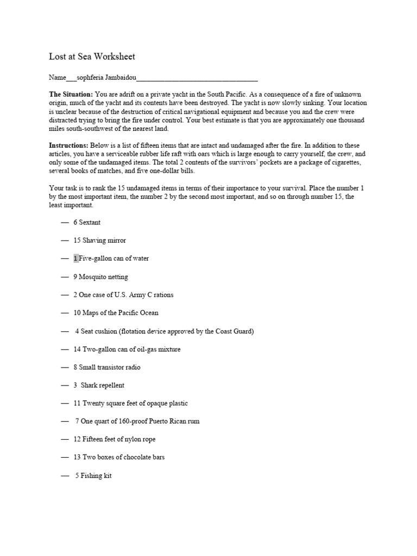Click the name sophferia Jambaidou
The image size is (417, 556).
tap(107, 78)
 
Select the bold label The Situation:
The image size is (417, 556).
tap(71, 94)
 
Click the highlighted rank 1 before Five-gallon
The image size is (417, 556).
tap(76, 258)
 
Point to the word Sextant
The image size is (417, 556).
tap(90, 223)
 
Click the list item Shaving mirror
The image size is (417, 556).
tap(104, 241)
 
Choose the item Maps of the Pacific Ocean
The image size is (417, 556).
tap(121, 313)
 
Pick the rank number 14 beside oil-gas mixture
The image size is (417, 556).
tap(77, 350)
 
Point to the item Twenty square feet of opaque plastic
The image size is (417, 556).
tap(135, 404)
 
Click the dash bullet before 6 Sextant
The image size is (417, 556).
tap(65, 223)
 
